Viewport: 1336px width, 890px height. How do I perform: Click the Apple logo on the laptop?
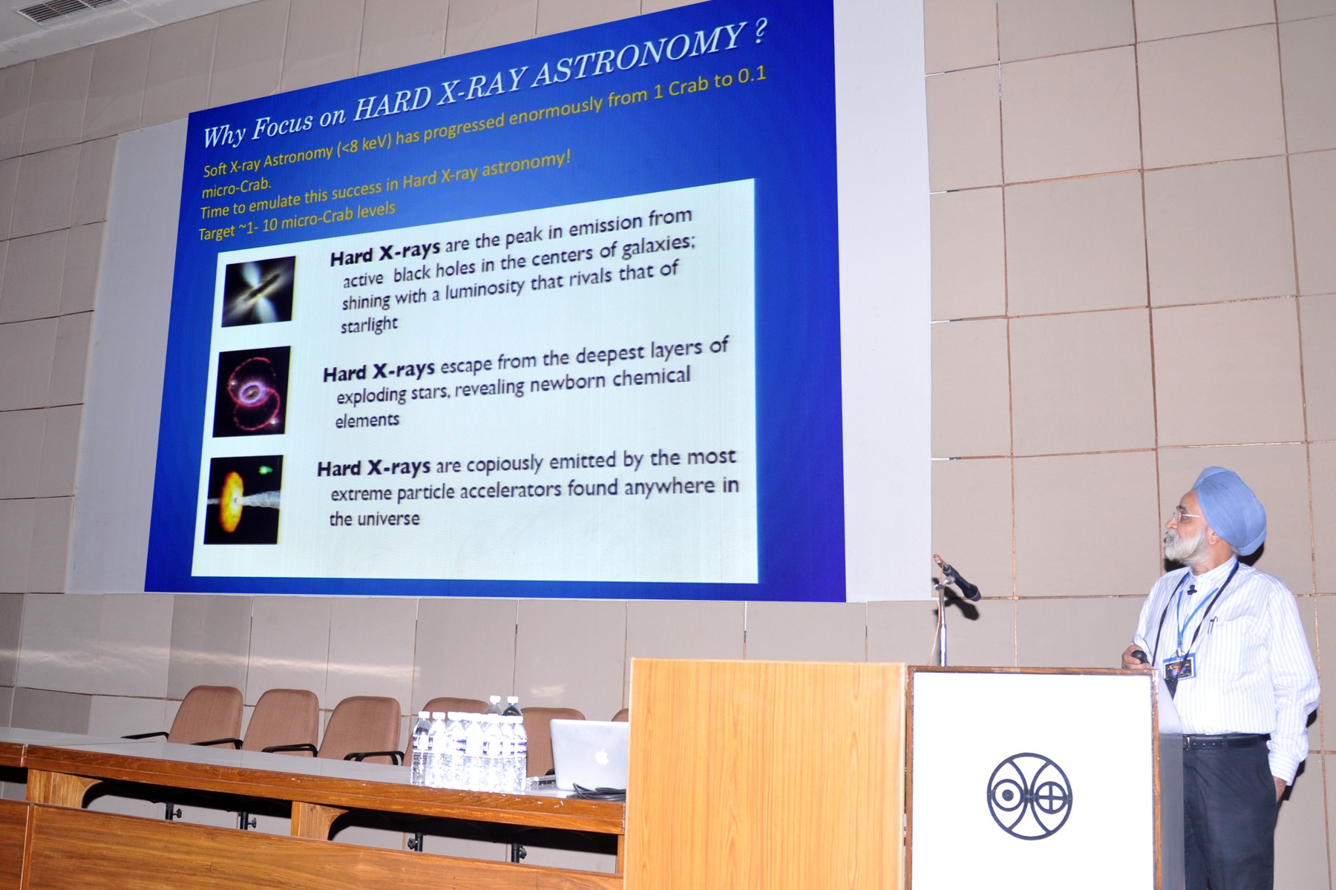[x=602, y=756]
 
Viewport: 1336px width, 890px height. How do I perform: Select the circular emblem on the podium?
[x=1029, y=797]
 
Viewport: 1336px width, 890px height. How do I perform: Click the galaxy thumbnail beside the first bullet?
[x=258, y=291]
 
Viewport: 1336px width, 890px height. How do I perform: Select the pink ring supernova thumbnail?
[x=252, y=391]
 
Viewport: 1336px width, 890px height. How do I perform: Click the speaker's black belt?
[x=1224, y=740]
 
